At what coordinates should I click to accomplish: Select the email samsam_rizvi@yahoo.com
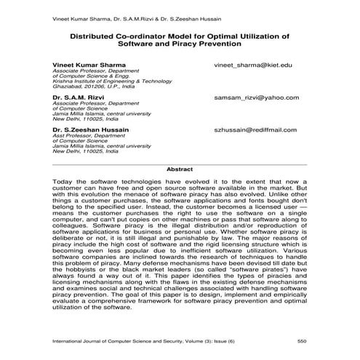click(252, 97)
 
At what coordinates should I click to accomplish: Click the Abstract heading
click(180, 169)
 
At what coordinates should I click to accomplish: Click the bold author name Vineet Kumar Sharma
click(84, 65)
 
